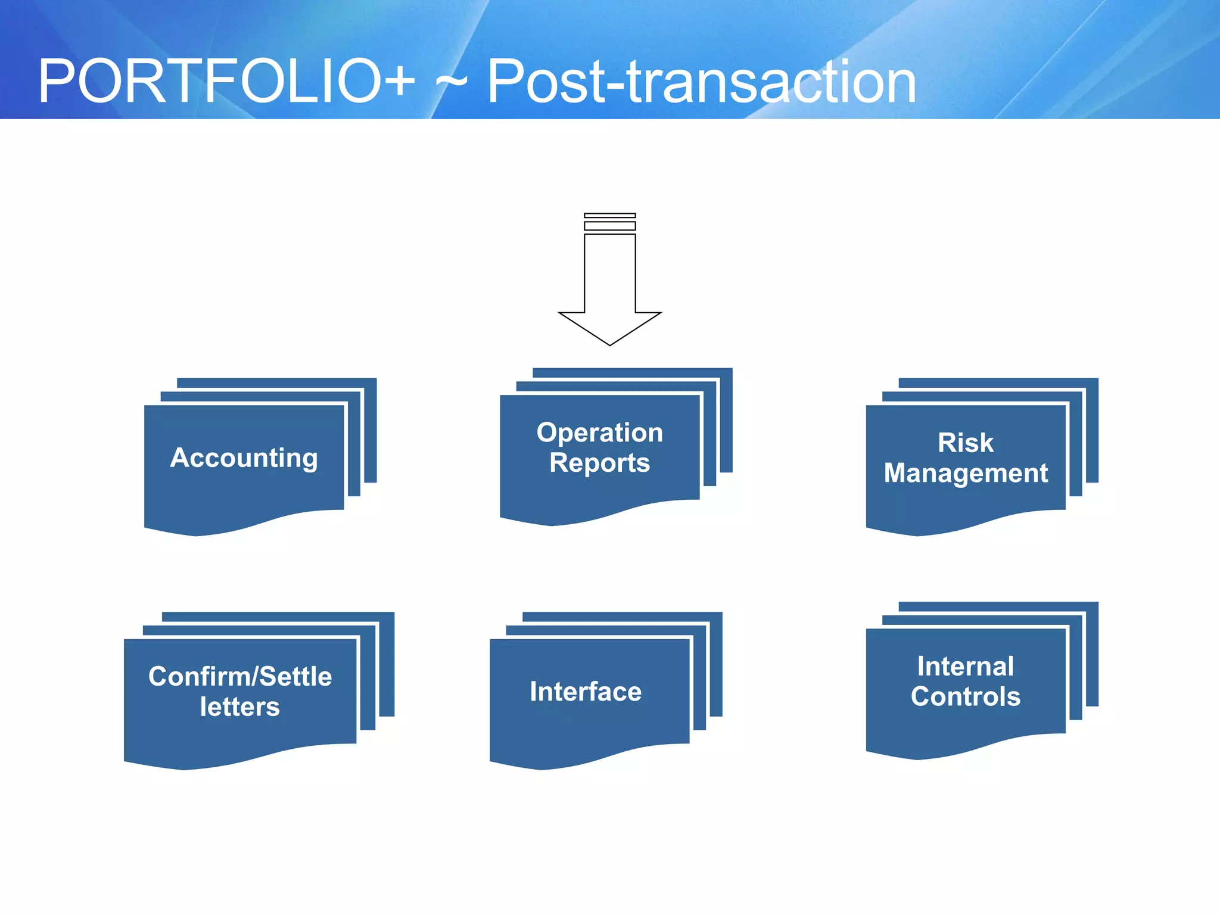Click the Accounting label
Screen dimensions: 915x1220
pos(244,457)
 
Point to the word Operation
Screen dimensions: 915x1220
pos(599,432)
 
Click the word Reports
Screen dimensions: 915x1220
pos(599,463)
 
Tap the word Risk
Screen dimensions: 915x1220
pos(965,443)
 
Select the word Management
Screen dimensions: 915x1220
pos(965,473)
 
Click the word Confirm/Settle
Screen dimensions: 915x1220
pos(240,677)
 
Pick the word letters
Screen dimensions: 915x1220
pos(240,707)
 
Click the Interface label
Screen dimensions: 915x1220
pos(586,692)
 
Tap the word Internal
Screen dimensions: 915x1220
pos(965,666)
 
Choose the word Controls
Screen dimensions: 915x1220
pos(965,696)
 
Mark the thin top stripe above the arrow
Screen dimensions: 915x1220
pos(609,215)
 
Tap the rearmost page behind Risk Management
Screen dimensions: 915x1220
pos(1092,429)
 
